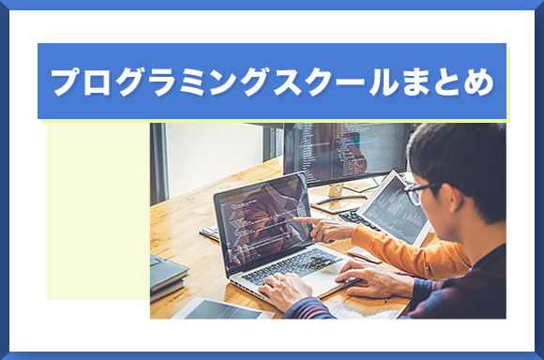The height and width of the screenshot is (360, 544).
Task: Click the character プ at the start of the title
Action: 67,82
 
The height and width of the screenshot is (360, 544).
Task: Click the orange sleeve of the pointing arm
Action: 394,248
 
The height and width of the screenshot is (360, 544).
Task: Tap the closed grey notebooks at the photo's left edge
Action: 168,272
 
